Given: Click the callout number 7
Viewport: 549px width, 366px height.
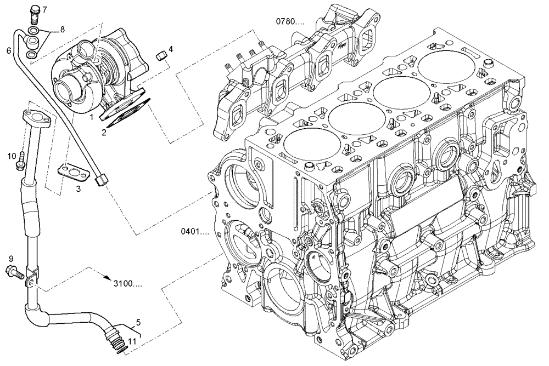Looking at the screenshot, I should click(x=44, y=10).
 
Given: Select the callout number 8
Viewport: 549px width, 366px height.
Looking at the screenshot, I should click(x=61, y=28).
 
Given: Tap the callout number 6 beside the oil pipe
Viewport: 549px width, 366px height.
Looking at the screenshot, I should click(x=8, y=50).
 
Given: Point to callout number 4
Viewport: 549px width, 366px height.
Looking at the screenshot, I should click(x=171, y=49).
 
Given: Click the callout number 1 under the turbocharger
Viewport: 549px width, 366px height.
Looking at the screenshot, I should click(x=92, y=117).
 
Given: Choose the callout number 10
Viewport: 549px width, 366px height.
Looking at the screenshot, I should click(x=11, y=156).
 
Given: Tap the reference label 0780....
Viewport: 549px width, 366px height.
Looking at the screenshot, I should click(x=290, y=21).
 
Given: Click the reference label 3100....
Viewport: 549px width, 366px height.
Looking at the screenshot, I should click(x=128, y=284).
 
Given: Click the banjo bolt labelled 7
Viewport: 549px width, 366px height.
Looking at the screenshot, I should click(x=33, y=11).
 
